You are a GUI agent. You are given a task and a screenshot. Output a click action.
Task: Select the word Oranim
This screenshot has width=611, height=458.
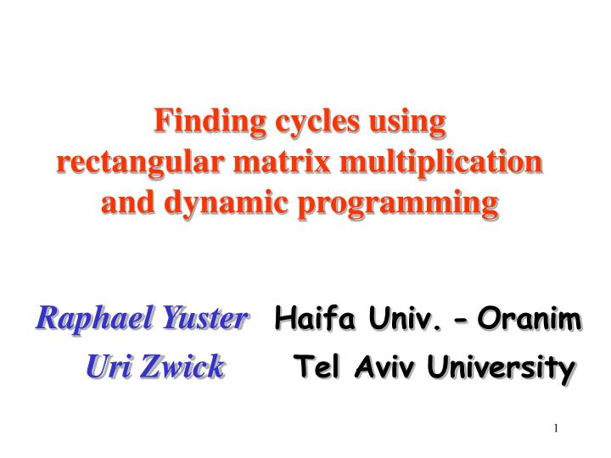coord(530,321)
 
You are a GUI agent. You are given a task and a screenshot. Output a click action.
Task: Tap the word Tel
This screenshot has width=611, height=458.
coord(314,368)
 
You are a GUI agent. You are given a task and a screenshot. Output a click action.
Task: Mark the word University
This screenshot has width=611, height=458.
coord(502,368)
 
